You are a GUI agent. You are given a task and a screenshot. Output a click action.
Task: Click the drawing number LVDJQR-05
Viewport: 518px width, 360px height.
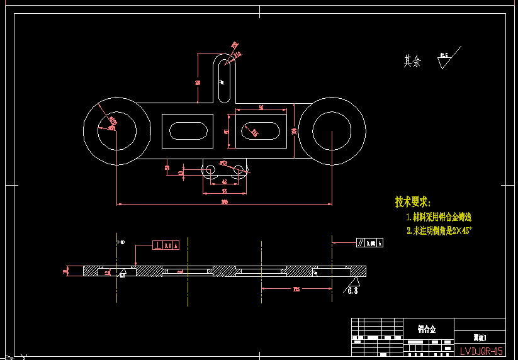pos(481,351)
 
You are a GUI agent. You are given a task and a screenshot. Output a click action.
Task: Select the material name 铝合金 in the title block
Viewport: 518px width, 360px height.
pos(427,329)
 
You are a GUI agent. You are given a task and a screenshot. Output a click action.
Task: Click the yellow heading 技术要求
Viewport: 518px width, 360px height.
pos(412,202)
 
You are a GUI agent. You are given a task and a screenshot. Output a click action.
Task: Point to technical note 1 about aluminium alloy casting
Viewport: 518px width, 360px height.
pos(439,217)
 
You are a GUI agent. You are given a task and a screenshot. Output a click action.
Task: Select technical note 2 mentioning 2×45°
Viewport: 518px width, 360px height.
pos(439,231)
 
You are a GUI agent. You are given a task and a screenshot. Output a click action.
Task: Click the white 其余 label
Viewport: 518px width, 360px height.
pos(412,61)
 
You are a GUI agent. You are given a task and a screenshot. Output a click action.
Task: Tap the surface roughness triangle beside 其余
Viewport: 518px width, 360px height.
pos(445,61)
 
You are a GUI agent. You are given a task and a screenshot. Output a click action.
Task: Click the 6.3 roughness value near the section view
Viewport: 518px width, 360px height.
pos(352,291)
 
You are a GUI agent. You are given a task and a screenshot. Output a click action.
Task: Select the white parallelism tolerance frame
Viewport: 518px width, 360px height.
pos(369,242)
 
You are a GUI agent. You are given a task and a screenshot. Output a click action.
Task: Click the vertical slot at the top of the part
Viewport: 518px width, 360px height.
pos(223,79)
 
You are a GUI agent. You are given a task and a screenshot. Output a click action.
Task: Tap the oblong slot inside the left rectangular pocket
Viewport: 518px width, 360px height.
pos(188,131)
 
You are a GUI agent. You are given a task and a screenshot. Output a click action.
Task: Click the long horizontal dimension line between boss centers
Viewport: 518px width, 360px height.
pos(224,204)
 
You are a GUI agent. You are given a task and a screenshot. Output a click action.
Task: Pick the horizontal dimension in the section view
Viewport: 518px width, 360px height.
pos(296,289)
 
